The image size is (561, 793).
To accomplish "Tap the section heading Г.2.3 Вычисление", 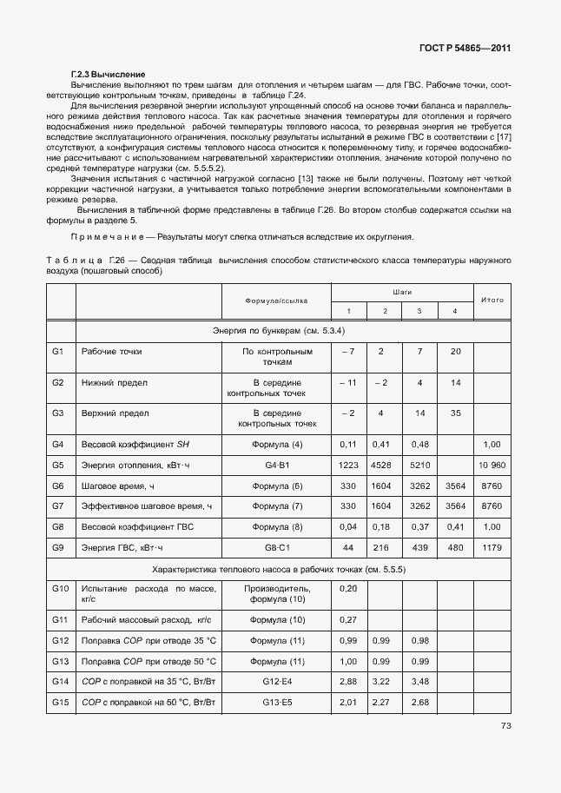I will [x=107, y=75].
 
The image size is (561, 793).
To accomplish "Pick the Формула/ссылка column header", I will [x=277, y=301].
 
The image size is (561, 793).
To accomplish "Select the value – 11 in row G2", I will [x=347, y=382].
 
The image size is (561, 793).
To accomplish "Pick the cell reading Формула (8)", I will [x=277, y=527].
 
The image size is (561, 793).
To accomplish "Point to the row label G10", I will [x=60, y=589].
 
